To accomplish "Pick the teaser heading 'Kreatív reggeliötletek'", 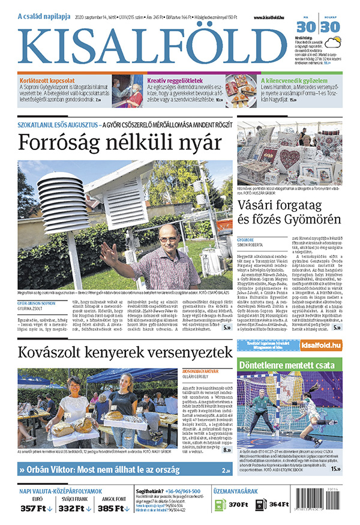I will tap(175, 80).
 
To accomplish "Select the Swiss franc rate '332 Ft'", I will tap(75, 508).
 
